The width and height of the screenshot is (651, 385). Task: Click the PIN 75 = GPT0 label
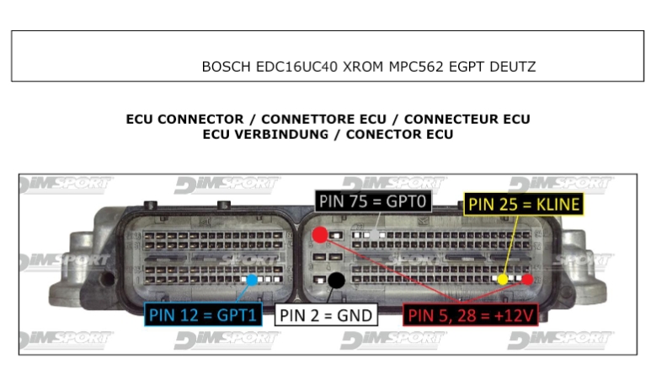pyautogui.click(x=375, y=202)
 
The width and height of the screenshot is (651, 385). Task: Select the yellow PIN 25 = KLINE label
pyautogui.click(x=524, y=203)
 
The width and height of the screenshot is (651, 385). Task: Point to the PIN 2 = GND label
pyautogui.click(x=325, y=316)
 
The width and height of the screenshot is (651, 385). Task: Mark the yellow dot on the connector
pyautogui.click(x=503, y=279)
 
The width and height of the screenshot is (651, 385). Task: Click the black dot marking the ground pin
pyautogui.click(x=336, y=281)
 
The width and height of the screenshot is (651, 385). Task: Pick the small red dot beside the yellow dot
pyautogui.click(x=527, y=279)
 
